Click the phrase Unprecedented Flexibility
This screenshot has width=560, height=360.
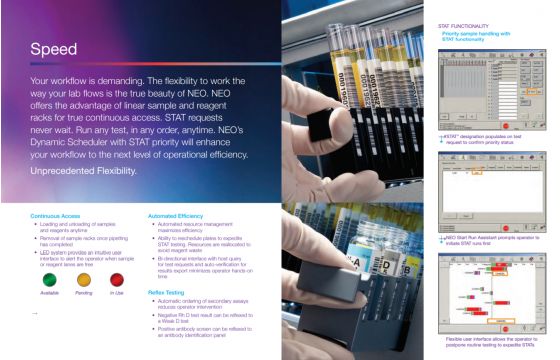click(84, 172)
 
